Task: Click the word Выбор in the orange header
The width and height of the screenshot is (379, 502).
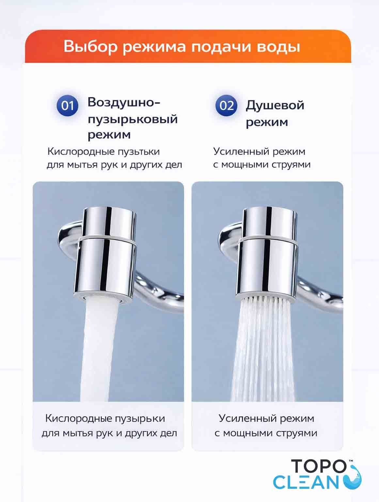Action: point(91,47)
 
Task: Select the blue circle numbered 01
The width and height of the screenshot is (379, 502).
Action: point(67,106)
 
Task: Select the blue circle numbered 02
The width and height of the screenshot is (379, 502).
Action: point(226,106)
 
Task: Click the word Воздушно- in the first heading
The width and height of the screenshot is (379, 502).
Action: point(124,102)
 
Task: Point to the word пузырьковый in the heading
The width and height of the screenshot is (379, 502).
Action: point(133,119)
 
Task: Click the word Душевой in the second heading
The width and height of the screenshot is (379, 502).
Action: point(275,106)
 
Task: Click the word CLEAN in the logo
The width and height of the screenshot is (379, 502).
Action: point(306,483)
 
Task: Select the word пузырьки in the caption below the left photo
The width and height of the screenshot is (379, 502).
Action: point(140,419)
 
